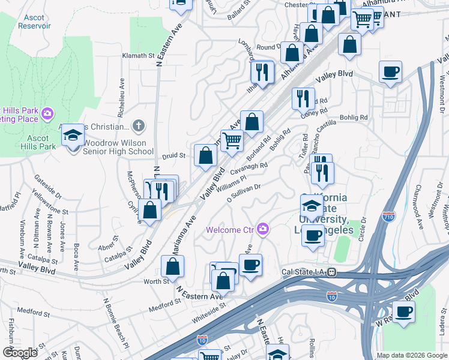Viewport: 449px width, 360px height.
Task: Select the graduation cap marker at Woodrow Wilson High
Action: click(x=73, y=136)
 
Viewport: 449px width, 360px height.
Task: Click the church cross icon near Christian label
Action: click(x=139, y=126)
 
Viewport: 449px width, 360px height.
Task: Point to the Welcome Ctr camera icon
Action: click(x=262, y=229)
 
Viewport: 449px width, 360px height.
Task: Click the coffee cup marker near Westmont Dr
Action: click(x=390, y=73)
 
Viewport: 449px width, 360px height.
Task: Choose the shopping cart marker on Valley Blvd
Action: click(x=232, y=142)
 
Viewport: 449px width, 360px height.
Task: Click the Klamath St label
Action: click(x=139, y=55)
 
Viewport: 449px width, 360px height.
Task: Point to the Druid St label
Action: click(x=174, y=155)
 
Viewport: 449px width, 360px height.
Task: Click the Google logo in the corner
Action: click(x=20, y=353)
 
